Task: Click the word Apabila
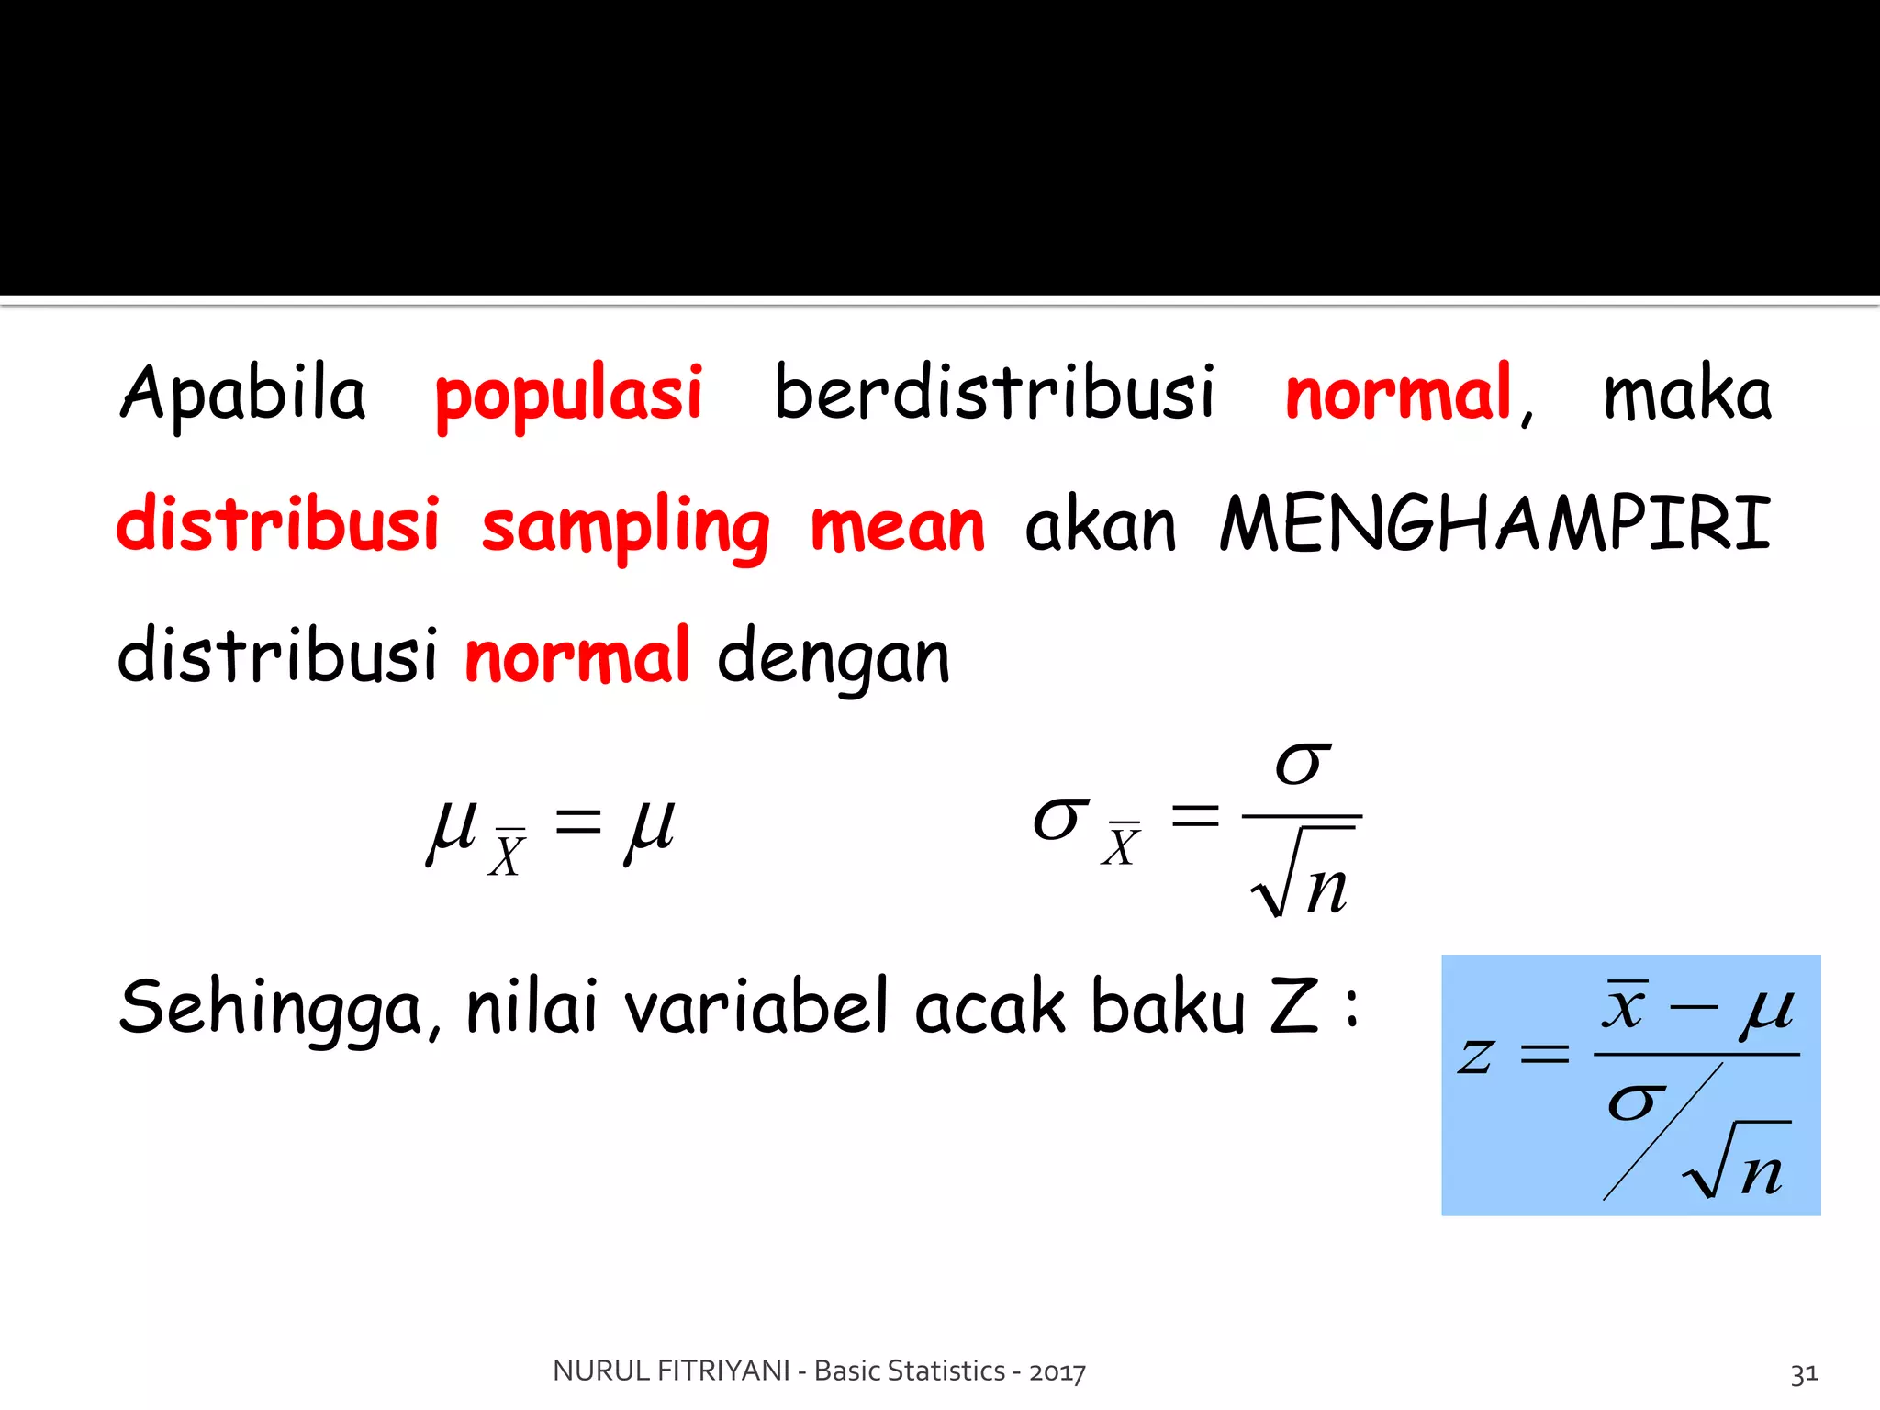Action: coord(243,393)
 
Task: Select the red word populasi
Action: coord(569,395)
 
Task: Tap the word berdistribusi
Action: coord(995,393)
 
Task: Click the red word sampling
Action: coord(625,527)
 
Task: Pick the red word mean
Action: coord(897,527)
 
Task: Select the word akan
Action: coord(1101,525)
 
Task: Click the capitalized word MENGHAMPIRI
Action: coord(1495,523)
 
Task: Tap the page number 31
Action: coord(1804,1373)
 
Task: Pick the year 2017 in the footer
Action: coord(1057,1371)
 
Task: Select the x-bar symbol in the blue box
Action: coord(1625,1004)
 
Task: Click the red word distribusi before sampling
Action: coord(278,523)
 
